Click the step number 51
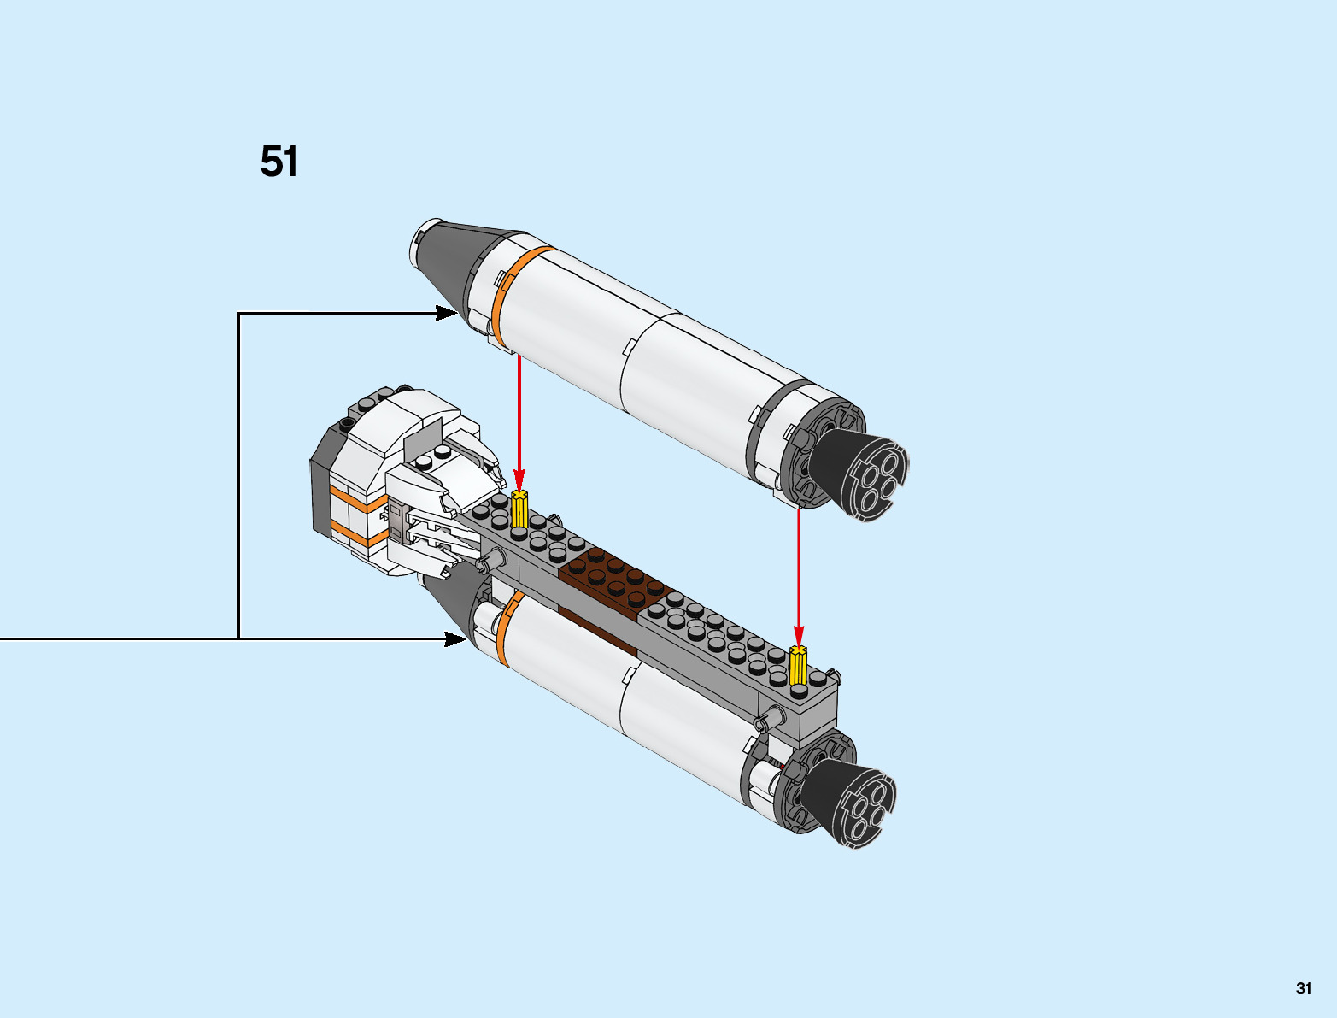(279, 162)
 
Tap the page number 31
(1303, 988)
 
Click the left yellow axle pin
(519, 509)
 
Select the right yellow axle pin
(798, 666)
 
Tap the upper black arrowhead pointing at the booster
(445, 313)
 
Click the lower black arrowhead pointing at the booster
(454, 638)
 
